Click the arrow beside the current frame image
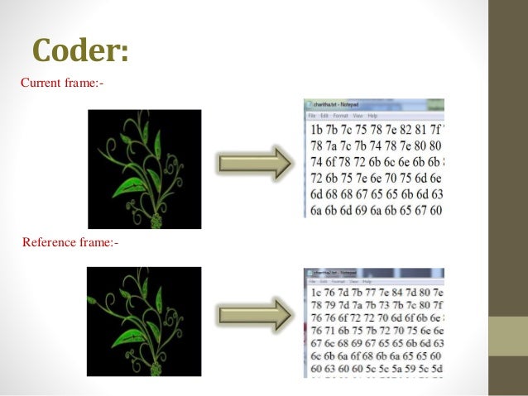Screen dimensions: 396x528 click(254, 163)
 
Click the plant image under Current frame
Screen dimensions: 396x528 click(145, 169)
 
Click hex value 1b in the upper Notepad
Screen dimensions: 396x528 click(318, 131)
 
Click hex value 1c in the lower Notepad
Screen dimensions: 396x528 click(318, 293)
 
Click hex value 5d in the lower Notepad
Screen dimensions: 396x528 click(438, 368)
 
